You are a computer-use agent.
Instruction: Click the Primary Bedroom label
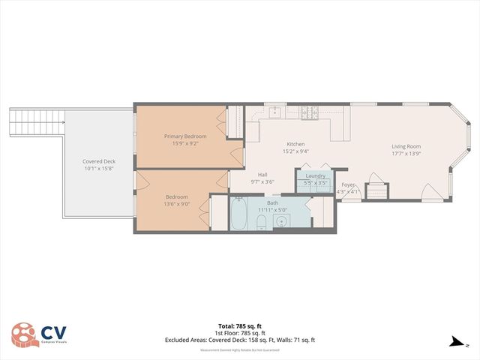[x=179, y=136]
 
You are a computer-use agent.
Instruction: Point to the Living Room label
[x=406, y=146]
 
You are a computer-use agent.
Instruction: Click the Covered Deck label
[x=99, y=161]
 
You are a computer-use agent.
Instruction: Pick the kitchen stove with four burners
[x=310, y=113]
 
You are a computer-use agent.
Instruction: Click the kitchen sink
[x=274, y=112]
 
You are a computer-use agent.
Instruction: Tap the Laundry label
[x=315, y=175]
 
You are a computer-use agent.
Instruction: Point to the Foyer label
[x=348, y=184]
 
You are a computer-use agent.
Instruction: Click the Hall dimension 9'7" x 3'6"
[x=262, y=181]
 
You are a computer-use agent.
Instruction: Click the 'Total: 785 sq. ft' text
[x=240, y=326]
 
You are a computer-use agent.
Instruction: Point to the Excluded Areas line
[x=240, y=340]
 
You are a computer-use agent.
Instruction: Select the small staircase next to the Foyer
[x=375, y=190]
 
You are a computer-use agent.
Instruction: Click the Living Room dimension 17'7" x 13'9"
[x=406, y=154]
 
